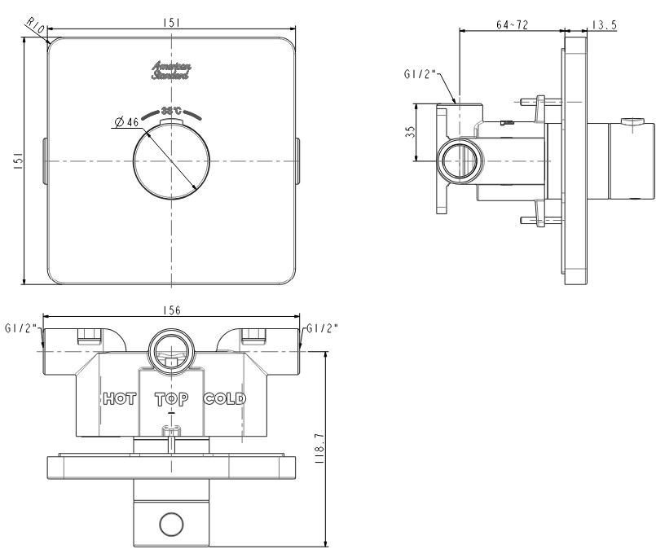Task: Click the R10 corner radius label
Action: [x=34, y=26]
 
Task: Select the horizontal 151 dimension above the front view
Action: [x=172, y=24]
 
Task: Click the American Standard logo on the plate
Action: [x=171, y=70]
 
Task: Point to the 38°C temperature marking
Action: [x=171, y=111]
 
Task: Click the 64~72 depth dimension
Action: [x=512, y=25]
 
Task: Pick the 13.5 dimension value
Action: [x=604, y=25]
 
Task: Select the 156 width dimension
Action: [x=171, y=310]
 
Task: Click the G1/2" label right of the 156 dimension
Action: [x=323, y=329]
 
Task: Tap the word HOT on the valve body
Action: [x=120, y=399]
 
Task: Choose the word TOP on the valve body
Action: [x=171, y=399]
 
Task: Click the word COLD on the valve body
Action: [x=224, y=399]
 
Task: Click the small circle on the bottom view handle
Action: [x=171, y=524]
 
